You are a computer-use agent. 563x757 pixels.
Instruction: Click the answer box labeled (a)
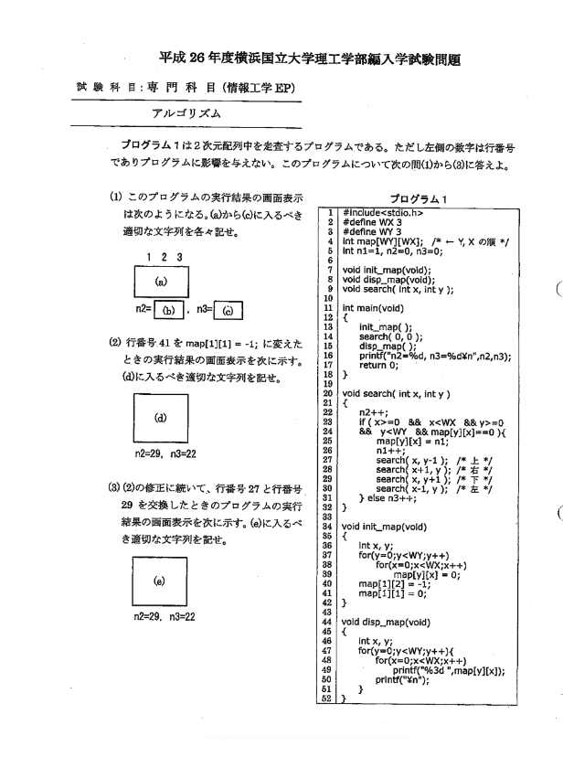coord(161,283)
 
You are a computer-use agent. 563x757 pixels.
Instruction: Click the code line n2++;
coord(371,408)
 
